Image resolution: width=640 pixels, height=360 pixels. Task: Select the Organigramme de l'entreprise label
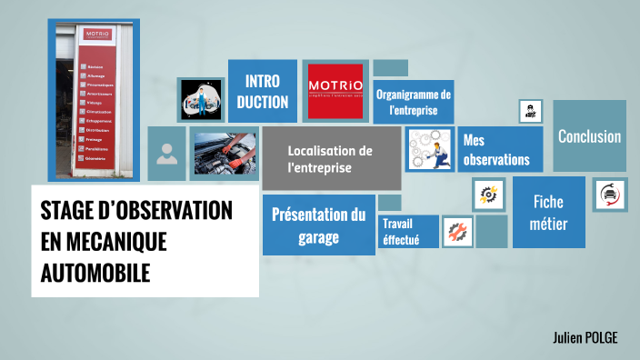point(414,102)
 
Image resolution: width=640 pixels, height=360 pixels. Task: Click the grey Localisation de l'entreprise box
point(331,159)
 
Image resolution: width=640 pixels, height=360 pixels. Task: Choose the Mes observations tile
point(498,150)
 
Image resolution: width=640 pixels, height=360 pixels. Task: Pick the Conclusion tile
point(589,137)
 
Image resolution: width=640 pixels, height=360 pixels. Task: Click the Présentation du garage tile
point(318,225)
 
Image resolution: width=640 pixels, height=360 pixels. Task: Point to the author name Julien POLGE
point(585,338)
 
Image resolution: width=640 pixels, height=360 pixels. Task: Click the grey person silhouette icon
point(166,153)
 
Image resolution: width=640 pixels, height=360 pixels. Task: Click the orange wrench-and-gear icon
point(457,232)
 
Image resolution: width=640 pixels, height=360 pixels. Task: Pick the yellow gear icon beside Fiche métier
point(489,194)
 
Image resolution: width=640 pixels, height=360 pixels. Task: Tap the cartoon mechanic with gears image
point(429,150)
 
